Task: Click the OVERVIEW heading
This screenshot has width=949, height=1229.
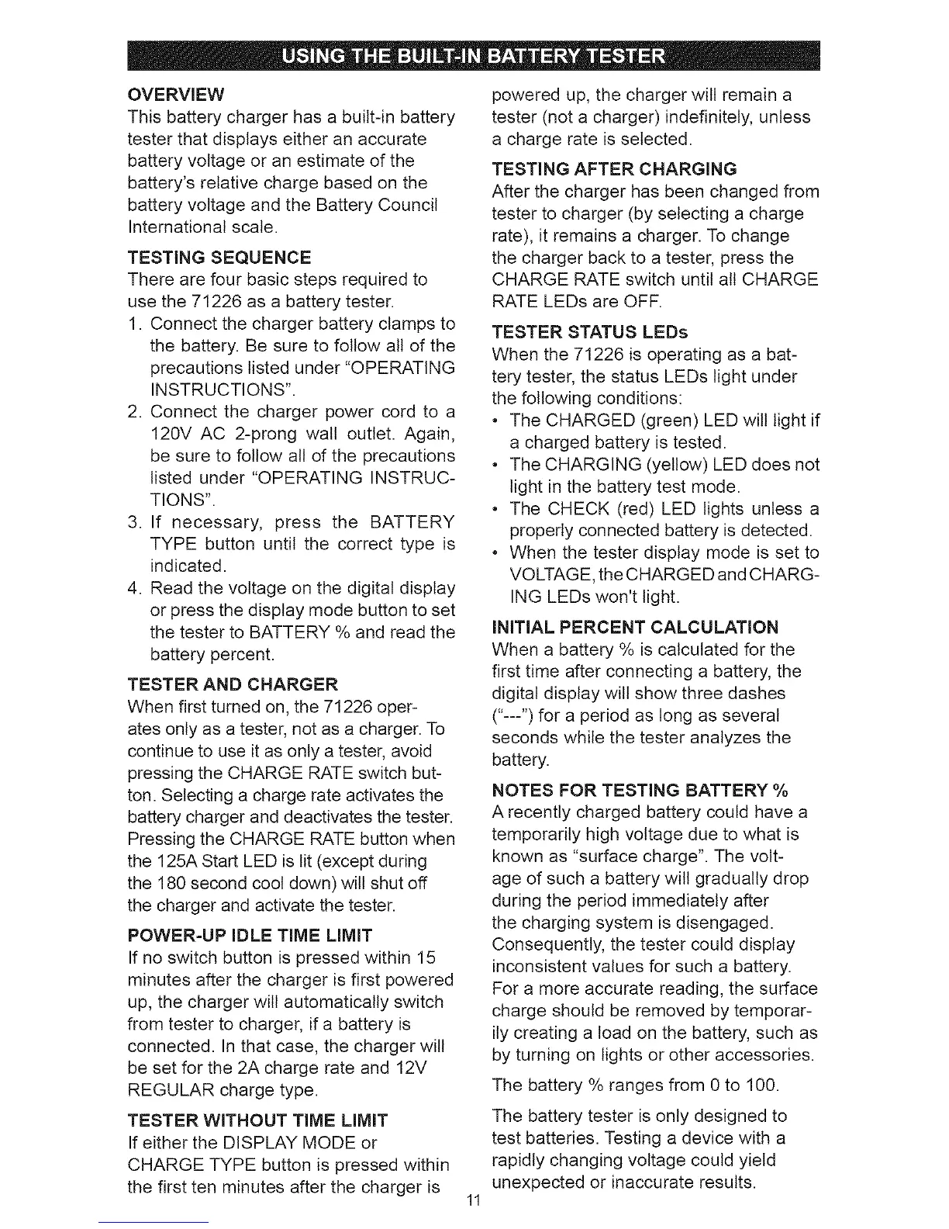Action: [176, 95]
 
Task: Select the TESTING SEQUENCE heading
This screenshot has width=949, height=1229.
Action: [219, 257]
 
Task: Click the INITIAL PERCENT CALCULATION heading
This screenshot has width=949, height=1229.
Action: [635, 627]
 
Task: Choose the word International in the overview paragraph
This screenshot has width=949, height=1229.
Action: [180, 227]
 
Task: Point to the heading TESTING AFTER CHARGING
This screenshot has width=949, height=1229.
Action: [614, 169]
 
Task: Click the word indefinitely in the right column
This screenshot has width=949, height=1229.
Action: [702, 118]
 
